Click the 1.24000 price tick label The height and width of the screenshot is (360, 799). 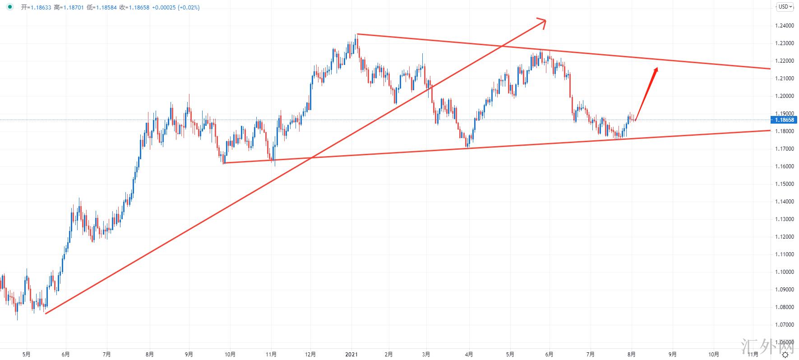784,26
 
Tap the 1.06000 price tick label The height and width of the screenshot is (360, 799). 784,342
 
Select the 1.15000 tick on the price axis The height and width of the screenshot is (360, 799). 784,184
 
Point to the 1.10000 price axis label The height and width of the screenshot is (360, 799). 784,272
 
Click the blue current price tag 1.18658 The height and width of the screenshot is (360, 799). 784,120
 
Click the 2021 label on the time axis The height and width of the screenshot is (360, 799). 351,355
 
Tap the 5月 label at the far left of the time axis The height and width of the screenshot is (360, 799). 27,355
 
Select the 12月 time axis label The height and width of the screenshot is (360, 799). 311,355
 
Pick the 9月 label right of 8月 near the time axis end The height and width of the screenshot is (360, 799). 673,355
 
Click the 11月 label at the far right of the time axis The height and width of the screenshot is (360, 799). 753,355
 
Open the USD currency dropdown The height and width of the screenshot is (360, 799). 785,7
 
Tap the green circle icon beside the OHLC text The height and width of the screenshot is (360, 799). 10,7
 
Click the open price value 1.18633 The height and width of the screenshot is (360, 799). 41,8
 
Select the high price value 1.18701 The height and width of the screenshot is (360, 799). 74,8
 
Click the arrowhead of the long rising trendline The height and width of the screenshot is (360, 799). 543,21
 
